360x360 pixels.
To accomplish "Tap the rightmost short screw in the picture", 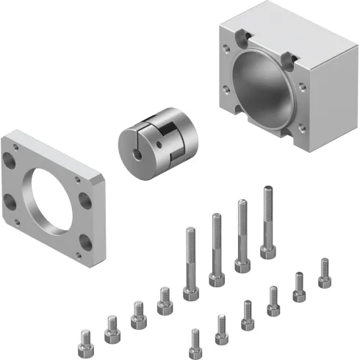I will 323,273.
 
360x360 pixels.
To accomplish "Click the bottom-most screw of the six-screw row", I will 195,342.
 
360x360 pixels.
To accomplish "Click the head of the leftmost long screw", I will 190,292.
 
